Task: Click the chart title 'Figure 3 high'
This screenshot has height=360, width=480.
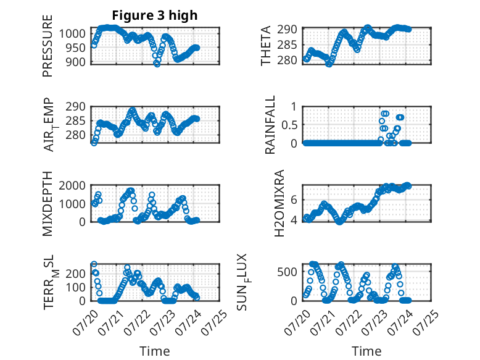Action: (x=155, y=15)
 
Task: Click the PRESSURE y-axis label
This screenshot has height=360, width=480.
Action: (x=48, y=46)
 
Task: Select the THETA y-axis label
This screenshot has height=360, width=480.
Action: (x=266, y=46)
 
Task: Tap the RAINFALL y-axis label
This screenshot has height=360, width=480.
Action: (x=270, y=125)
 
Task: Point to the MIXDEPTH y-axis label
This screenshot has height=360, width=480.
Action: (x=48, y=204)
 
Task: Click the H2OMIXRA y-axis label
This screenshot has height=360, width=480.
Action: (x=279, y=203)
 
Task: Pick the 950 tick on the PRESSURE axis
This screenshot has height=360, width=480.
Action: (x=77, y=48)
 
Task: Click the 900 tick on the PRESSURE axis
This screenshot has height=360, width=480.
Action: (x=77, y=62)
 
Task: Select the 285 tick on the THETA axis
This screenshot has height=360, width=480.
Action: (x=287, y=44)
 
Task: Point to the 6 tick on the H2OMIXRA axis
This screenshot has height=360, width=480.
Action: (x=294, y=200)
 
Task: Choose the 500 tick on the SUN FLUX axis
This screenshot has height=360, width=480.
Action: (x=287, y=272)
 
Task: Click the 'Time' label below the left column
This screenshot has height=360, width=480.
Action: (x=155, y=351)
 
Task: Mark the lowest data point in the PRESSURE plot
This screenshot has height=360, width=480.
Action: (x=157, y=64)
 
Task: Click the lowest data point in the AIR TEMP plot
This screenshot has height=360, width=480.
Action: (x=94, y=143)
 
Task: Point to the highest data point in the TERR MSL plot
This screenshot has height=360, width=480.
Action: (x=94, y=264)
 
